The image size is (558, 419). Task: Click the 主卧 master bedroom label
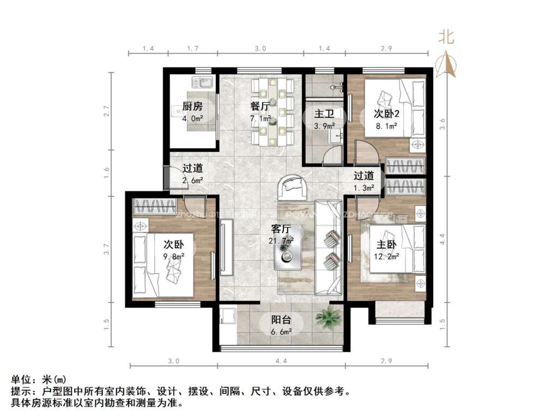point(386,245)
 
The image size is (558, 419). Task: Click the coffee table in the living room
point(287,254)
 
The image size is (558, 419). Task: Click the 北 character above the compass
point(447,37)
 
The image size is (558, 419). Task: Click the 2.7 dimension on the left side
point(107,111)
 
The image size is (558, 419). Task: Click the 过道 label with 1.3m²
point(363,176)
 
